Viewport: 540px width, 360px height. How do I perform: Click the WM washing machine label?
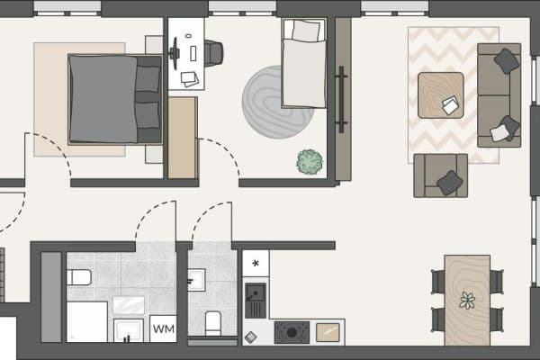click(x=163, y=329)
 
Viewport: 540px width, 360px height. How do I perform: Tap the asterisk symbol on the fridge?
click(x=256, y=264)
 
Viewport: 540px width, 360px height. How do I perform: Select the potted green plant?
click(x=310, y=162)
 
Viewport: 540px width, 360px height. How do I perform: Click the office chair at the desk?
click(x=213, y=54)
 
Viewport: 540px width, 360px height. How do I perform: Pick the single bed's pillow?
click(x=306, y=31)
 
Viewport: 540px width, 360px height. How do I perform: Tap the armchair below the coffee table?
click(x=440, y=175)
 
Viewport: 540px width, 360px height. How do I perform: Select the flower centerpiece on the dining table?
click(x=466, y=301)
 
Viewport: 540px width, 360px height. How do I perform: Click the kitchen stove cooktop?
click(x=292, y=332)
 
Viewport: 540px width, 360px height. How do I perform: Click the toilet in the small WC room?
click(x=214, y=321)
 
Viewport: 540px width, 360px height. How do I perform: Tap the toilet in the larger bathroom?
click(x=79, y=276)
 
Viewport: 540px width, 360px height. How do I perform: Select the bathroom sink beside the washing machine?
click(x=129, y=329)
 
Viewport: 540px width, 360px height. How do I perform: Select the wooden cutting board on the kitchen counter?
click(x=328, y=332)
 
